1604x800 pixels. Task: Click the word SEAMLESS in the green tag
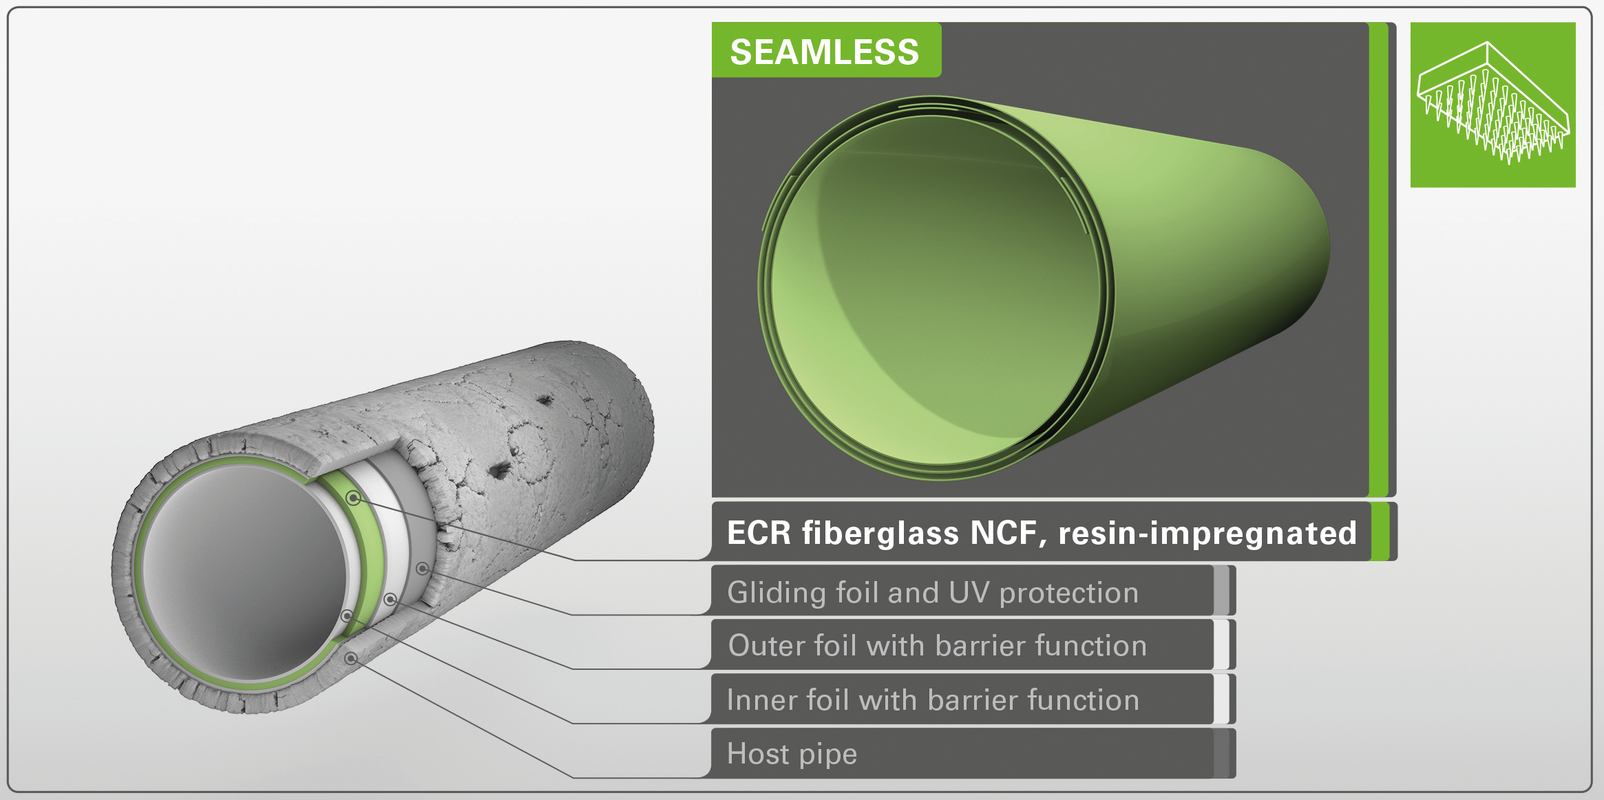coord(824,52)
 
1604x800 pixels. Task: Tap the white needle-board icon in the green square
coord(1493,103)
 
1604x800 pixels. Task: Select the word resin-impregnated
coord(1207,534)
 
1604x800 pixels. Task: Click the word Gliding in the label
coord(776,593)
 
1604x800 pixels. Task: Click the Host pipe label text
coord(792,754)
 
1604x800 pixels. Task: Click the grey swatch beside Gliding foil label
coord(1221,590)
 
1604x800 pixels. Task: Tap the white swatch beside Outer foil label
coord(1221,644)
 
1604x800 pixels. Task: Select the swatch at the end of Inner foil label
coord(1221,699)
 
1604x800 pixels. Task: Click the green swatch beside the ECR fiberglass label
coord(1380,531)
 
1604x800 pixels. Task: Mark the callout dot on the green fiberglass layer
coord(354,498)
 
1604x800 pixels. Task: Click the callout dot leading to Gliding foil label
coord(423,569)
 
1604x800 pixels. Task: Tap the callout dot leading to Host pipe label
coord(351,659)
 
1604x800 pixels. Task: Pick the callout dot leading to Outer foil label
coord(390,600)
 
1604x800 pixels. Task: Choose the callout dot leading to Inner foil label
coord(348,616)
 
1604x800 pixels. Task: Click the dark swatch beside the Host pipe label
coord(1221,753)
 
